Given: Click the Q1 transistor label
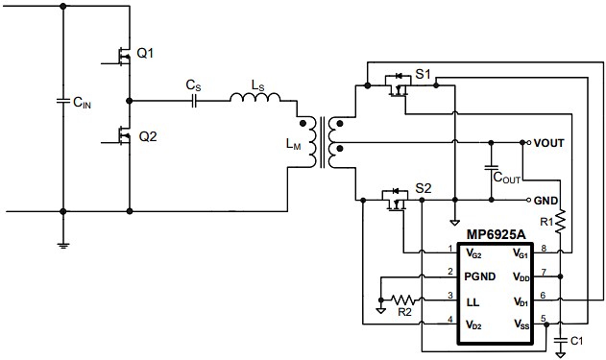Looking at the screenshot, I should (x=145, y=53).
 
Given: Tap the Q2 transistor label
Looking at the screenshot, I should (x=147, y=136).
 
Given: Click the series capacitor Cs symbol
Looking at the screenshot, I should (x=194, y=99).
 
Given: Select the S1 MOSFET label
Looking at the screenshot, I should (x=424, y=73).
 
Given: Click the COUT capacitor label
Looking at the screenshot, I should (x=507, y=177).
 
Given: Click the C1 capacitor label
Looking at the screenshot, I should (x=576, y=341).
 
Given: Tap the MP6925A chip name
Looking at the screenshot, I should (x=497, y=235).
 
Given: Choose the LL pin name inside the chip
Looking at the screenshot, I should (x=473, y=300).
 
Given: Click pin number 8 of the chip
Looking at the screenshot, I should (x=544, y=249).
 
